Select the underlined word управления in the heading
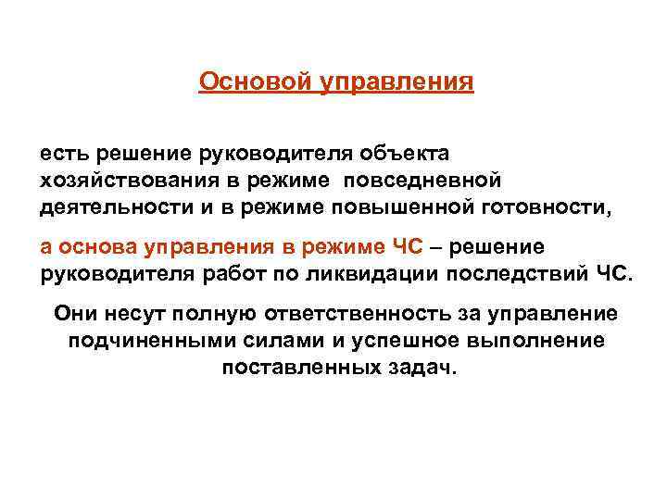pyautogui.click(x=396, y=83)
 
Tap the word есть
pyautogui.click(x=61, y=151)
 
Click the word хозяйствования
pyautogui.click(x=117, y=177)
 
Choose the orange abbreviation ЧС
pyautogui.click(x=407, y=247)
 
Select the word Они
pyautogui.click(x=75, y=313)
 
